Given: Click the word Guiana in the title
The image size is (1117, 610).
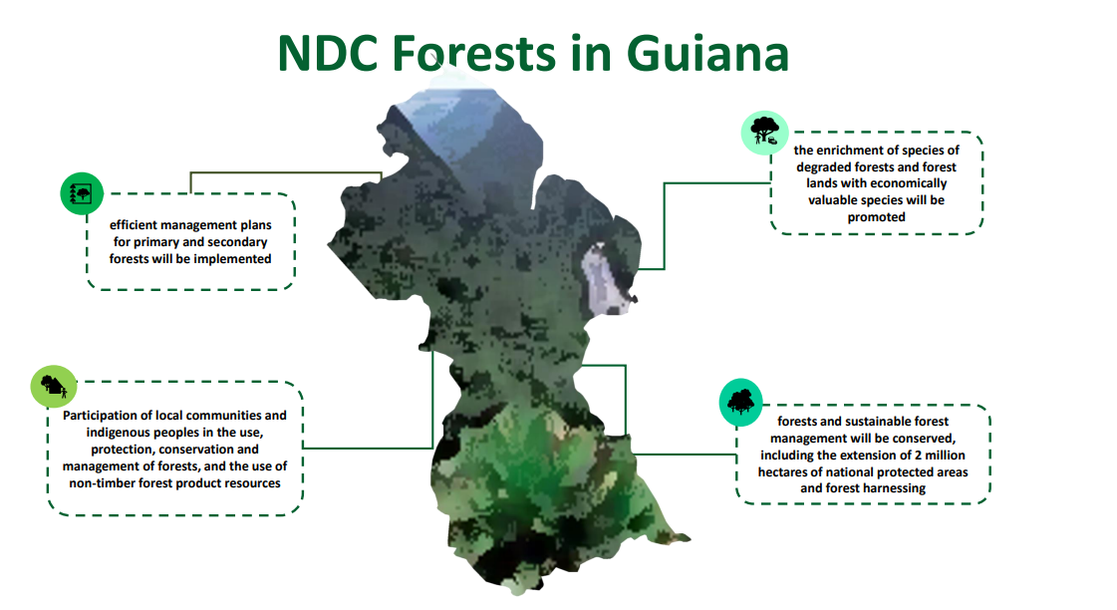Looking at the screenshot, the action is coord(707,54).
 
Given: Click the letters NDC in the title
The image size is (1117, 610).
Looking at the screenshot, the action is coord(327,54).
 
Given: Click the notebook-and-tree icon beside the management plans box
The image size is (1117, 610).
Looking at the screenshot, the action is coord(82,193).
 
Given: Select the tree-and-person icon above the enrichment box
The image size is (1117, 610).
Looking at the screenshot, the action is coord(764,133).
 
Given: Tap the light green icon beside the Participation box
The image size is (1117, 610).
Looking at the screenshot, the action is coord(54,387).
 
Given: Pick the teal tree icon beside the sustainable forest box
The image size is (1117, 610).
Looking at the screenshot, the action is coord(741,402).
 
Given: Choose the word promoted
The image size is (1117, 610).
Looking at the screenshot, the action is coord(876,217).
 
